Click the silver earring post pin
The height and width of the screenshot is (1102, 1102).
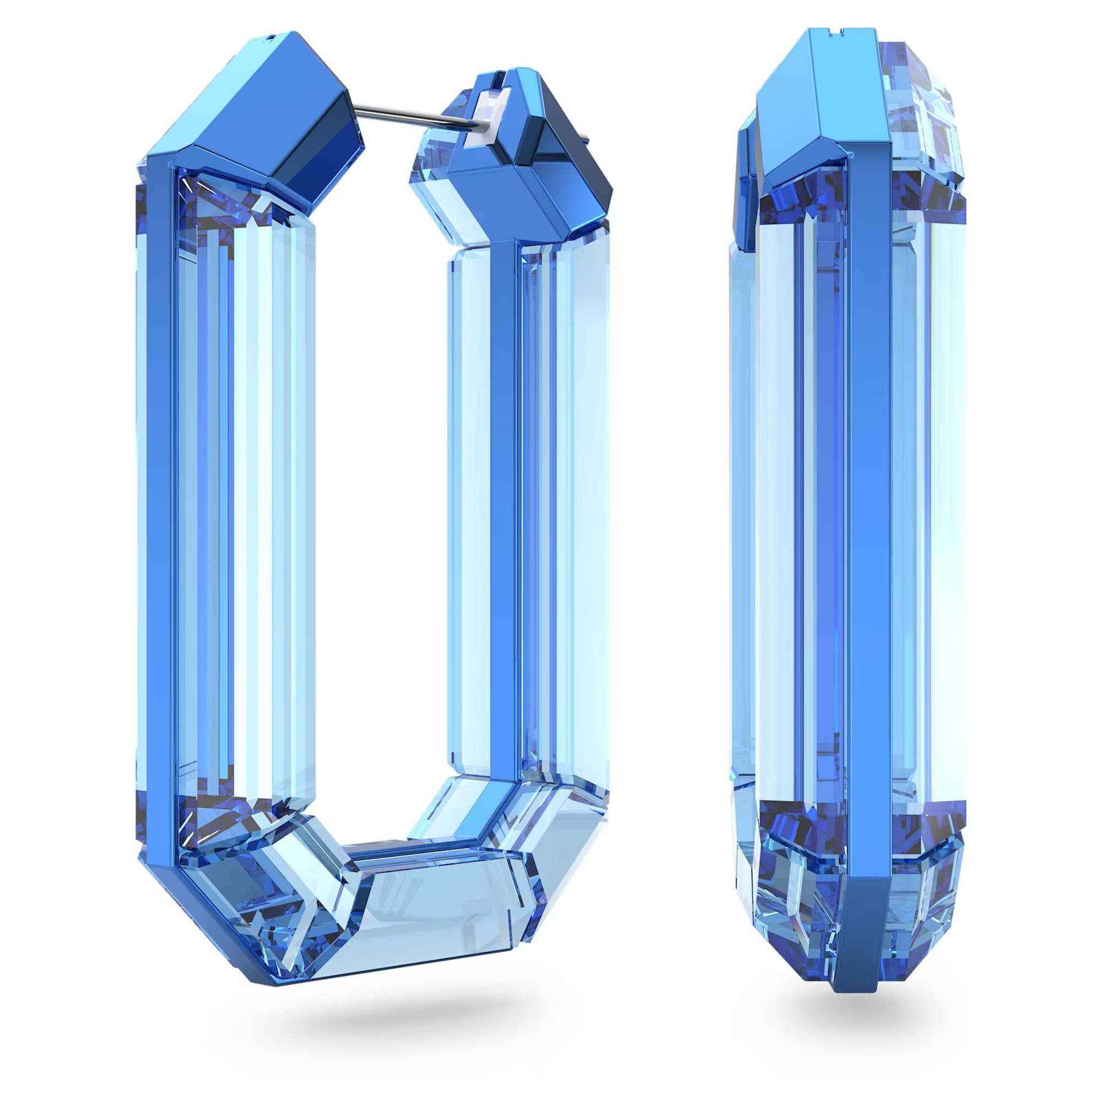399,117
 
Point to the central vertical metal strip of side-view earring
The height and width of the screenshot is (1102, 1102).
867,514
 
